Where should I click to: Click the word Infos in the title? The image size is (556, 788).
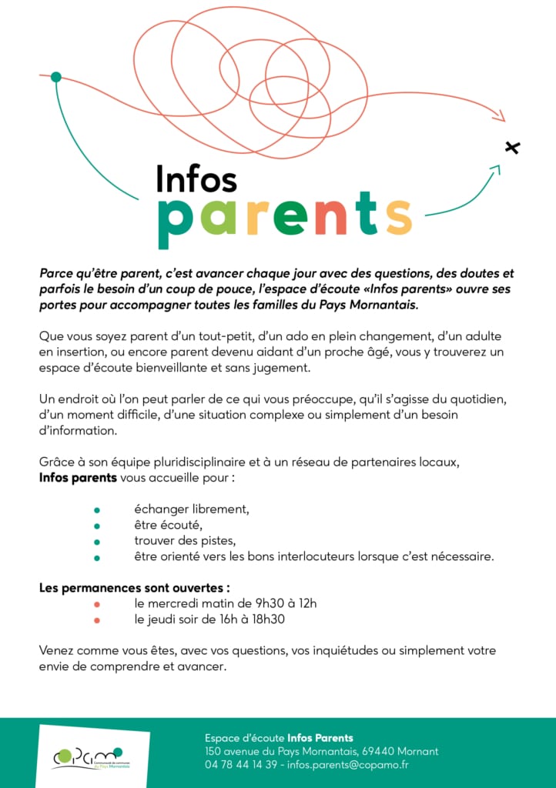[x=196, y=178]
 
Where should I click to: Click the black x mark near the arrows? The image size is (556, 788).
[x=512, y=147]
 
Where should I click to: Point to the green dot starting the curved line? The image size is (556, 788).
[x=55, y=76]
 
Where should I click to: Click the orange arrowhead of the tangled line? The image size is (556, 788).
[x=499, y=117]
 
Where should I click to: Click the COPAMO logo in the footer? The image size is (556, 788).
[x=89, y=756]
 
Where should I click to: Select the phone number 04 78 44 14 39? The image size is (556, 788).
[x=242, y=765]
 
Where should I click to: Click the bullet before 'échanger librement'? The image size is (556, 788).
[x=97, y=510]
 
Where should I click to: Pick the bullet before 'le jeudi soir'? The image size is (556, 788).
[x=97, y=619]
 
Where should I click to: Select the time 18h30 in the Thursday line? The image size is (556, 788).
[x=278, y=619]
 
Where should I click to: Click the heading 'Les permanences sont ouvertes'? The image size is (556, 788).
[x=135, y=588]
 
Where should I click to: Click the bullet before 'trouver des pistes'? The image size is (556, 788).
[x=97, y=543]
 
